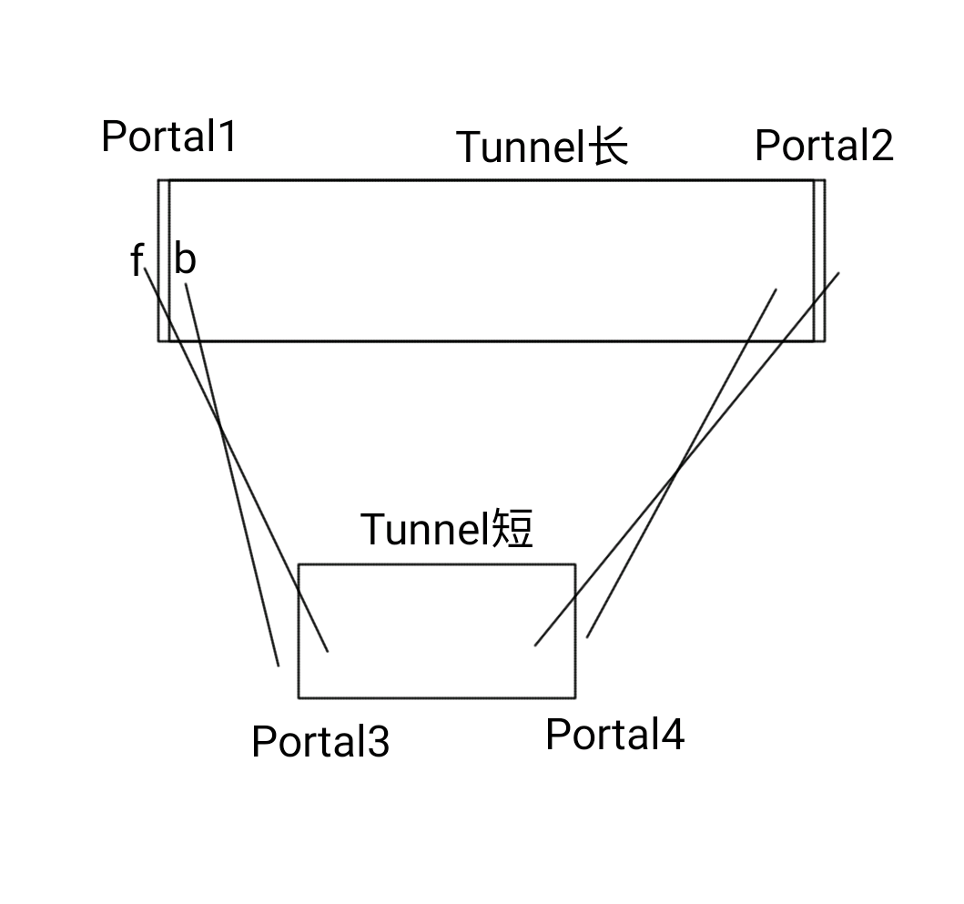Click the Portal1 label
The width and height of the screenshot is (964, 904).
168,137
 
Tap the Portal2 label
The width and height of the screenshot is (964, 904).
824,146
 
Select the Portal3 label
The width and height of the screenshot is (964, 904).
320,741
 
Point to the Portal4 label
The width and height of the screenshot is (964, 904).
614,735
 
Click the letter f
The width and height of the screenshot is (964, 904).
137,262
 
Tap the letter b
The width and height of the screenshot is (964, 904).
185,260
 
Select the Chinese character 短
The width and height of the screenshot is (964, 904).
512,529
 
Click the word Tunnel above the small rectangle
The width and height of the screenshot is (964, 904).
425,529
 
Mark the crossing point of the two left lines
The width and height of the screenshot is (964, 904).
220,423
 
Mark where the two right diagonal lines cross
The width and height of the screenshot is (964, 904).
677,471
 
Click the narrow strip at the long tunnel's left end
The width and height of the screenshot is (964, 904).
164,260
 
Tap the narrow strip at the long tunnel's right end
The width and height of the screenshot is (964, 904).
819,260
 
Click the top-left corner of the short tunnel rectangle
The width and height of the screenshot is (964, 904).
299,564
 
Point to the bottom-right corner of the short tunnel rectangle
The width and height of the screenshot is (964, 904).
574,697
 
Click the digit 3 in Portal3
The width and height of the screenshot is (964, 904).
379,742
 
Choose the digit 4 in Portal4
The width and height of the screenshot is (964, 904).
673,735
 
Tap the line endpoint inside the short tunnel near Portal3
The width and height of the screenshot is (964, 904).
327,651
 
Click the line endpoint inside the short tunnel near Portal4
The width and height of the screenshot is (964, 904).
535,645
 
